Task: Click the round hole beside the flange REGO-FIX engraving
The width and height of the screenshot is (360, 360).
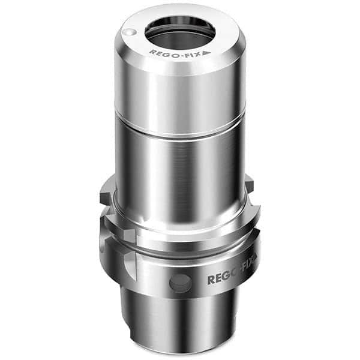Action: coord(178,282)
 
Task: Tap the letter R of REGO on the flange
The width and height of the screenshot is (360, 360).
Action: coord(211,280)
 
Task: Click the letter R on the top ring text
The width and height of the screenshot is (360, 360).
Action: coord(152,52)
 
